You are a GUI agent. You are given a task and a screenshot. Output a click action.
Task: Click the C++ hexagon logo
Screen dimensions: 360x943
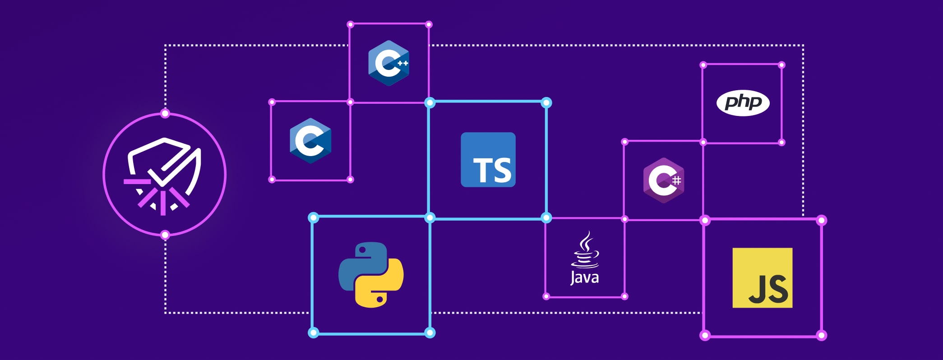(x=388, y=63)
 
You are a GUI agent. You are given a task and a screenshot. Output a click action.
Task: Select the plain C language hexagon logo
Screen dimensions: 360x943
(x=310, y=141)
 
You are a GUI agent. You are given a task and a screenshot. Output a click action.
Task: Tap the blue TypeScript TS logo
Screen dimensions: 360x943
(x=488, y=160)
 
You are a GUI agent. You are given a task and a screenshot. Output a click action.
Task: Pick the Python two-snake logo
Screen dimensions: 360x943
(x=371, y=275)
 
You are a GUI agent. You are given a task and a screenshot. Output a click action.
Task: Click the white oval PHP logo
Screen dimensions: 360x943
(x=743, y=103)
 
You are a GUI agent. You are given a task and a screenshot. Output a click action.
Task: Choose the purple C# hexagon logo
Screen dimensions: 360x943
(x=663, y=180)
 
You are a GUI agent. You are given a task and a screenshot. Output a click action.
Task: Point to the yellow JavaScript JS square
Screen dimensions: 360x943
(x=762, y=277)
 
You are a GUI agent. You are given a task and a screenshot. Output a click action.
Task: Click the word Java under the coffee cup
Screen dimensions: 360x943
(x=585, y=277)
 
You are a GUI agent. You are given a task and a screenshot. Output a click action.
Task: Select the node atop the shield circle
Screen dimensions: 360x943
(x=165, y=113)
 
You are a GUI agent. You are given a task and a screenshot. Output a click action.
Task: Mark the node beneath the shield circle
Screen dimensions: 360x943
(x=165, y=235)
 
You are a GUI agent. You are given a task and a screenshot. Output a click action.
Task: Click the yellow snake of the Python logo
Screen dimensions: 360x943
(x=382, y=286)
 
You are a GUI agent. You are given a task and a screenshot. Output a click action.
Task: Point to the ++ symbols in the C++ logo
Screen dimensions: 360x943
(x=402, y=63)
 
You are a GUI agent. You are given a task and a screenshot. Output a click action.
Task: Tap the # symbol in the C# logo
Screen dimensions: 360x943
(x=676, y=181)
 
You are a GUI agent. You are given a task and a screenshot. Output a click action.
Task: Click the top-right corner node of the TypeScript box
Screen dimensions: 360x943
(x=546, y=103)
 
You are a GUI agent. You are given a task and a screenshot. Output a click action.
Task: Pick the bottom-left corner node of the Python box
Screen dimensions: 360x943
(x=313, y=333)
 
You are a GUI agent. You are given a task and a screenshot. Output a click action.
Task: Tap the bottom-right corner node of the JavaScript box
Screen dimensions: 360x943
(x=822, y=335)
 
